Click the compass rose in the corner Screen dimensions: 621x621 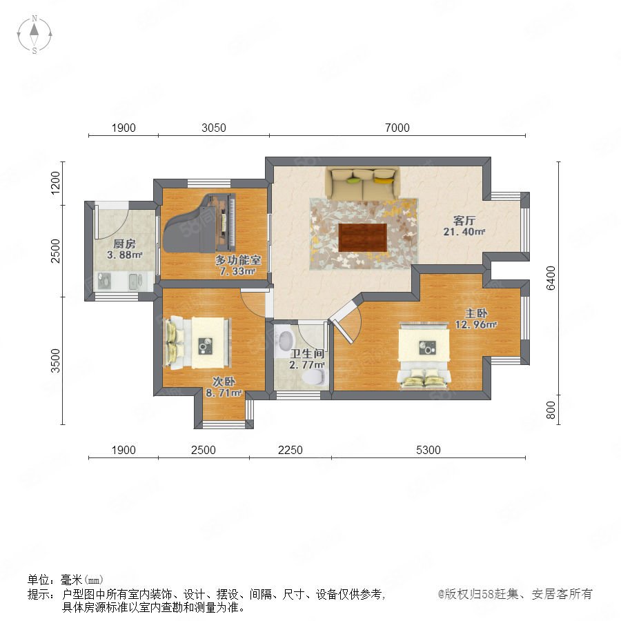pyautogui.click(x=34, y=34)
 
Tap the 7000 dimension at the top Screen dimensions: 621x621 pyautogui.click(x=397, y=128)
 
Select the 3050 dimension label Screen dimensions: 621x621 pyautogui.click(x=214, y=128)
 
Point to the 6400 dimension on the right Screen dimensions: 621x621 pyautogui.click(x=551, y=278)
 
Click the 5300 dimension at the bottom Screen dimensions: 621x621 pyautogui.click(x=428, y=451)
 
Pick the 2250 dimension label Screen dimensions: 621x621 pyautogui.click(x=290, y=451)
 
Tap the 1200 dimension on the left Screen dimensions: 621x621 pyautogui.click(x=55, y=183)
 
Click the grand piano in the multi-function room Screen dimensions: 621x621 pyautogui.click(x=199, y=223)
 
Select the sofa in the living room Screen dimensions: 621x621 pyautogui.click(x=362, y=184)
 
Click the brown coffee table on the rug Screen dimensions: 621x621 pyautogui.click(x=363, y=237)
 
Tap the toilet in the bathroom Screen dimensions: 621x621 pyautogui.click(x=315, y=377)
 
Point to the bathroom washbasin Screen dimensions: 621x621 pyautogui.click(x=285, y=339)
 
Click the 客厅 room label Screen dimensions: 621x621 pyautogui.click(x=464, y=220)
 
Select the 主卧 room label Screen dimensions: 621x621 pyautogui.click(x=476, y=313)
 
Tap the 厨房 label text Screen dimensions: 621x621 pyautogui.click(x=124, y=244)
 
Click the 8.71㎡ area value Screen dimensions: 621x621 pyautogui.click(x=224, y=393)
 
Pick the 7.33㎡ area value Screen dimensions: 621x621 pyautogui.click(x=237, y=271)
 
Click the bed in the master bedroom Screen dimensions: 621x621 pyautogui.click(x=424, y=355)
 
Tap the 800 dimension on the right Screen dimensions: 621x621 pyautogui.click(x=551, y=410)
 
